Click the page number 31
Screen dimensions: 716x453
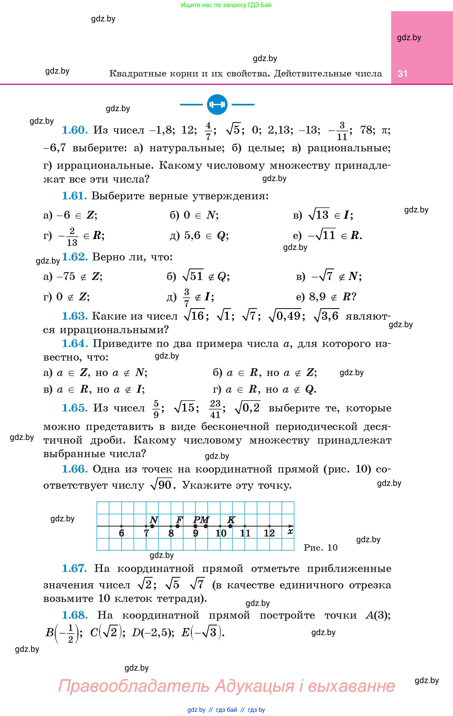pyautogui.click(x=402, y=73)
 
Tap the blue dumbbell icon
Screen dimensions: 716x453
pyautogui.click(x=217, y=105)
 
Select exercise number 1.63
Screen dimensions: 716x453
pyautogui.click(x=75, y=316)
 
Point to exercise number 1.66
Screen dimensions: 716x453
pyautogui.click(x=75, y=469)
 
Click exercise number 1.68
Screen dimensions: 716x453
pyautogui.click(x=75, y=615)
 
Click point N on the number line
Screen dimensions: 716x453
pyautogui.click(x=152, y=526)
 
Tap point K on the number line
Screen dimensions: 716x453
pyautogui.click(x=230, y=526)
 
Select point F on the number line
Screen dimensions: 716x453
pyautogui.click(x=177, y=526)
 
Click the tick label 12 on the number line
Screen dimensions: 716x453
pyautogui.click(x=269, y=533)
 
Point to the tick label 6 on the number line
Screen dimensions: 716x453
pyautogui.click(x=121, y=533)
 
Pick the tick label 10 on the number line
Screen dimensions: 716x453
pyautogui.click(x=221, y=533)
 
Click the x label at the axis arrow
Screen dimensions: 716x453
pyautogui.click(x=290, y=531)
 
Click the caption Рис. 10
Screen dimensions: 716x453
pyautogui.click(x=321, y=547)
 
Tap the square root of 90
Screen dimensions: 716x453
pyautogui.click(x=162, y=485)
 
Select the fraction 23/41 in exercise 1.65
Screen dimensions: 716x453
pyautogui.click(x=215, y=409)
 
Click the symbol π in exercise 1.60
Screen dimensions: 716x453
pyautogui.click(x=385, y=130)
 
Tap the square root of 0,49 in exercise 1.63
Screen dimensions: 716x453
pyautogui.click(x=285, y=316)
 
